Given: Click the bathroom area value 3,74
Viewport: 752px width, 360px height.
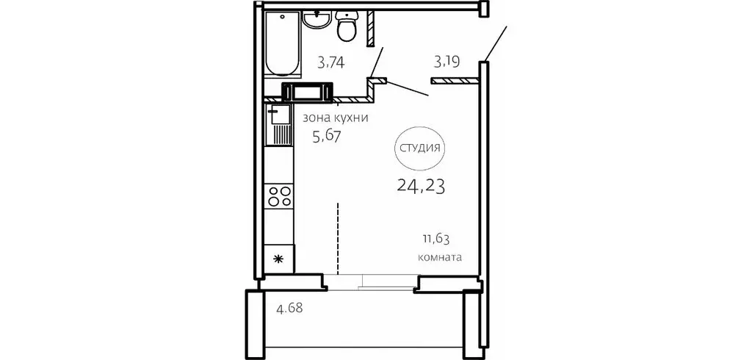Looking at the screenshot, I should click(x=331, y=62).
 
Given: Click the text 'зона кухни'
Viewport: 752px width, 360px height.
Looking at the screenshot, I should click(x=335, y=118).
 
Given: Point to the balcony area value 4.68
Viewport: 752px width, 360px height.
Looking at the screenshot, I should click(x=289, y=308).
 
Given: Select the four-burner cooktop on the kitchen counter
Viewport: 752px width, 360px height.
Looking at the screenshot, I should click(x=279, y=196).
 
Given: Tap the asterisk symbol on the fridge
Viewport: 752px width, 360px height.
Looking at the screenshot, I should click(x=278, y=259).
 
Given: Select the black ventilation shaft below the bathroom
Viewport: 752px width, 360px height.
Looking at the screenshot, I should click(x=307, y=92).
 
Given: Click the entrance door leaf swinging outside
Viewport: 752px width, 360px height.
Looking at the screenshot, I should click(x=496, y=43).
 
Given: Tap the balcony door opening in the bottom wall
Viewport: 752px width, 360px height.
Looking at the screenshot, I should click(x=371, y=282).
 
